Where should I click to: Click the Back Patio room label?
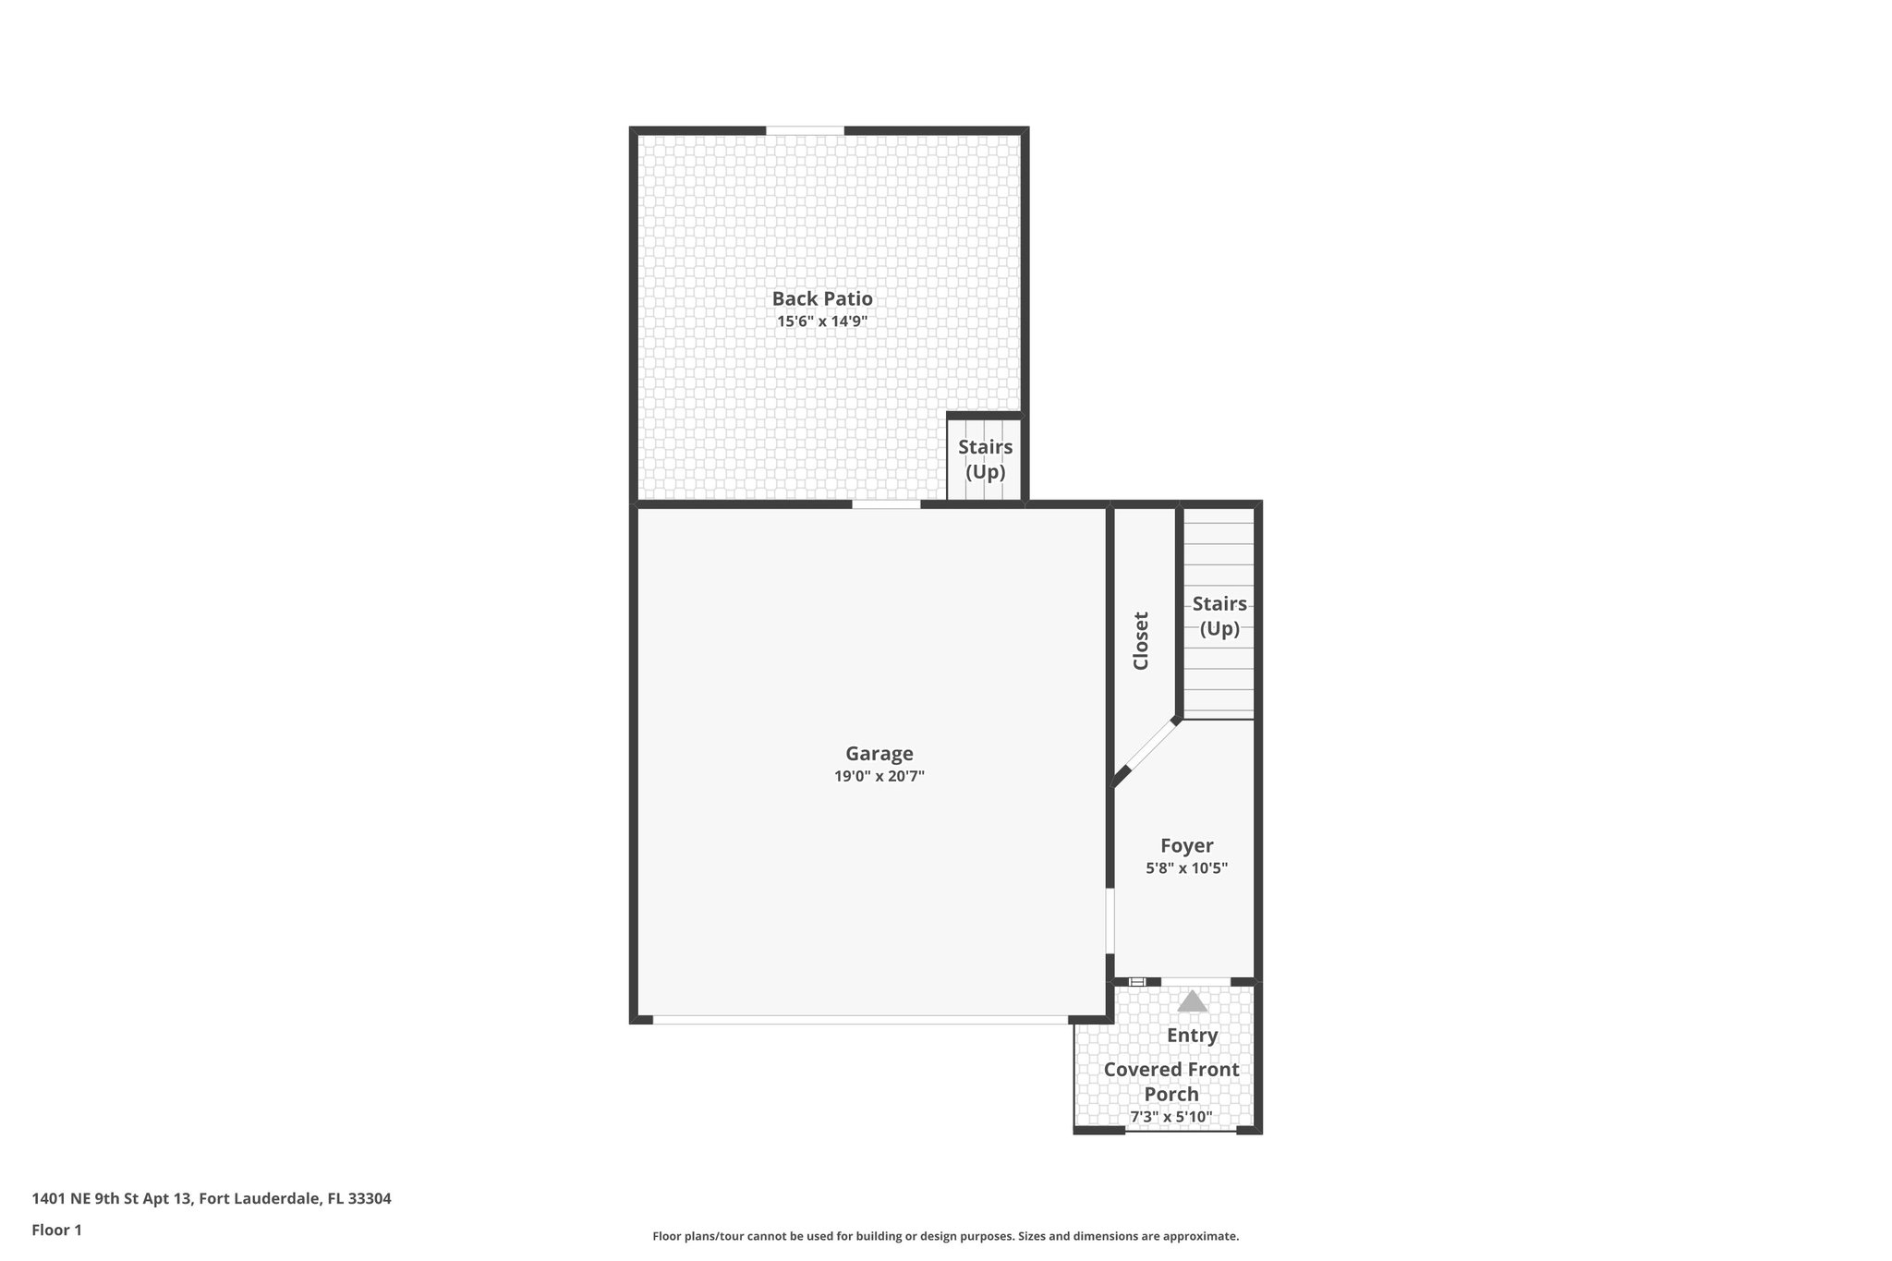point(822,298)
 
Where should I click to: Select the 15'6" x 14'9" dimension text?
point(822,321)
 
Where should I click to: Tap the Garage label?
point(879,753)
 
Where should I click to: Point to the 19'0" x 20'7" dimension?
point(879,776)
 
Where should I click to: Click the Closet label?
point(1141,640)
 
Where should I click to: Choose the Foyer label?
point(1187,845)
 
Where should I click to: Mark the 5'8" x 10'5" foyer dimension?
point(1187,868)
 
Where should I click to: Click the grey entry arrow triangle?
point(1193,1001)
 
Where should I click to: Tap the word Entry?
point(1192,1036)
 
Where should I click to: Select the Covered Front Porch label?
point(1171,1082)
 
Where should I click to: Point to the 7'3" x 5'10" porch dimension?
point(1171,1117)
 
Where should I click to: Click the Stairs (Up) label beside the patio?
point(985,459)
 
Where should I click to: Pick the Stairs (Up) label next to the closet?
point(1219,616)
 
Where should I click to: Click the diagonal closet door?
point(1150,746)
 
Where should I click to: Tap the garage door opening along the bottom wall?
point(859,1020)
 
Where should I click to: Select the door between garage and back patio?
point(886,504)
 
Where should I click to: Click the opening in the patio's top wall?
point(805,130)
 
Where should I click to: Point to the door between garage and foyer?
point(1110,921)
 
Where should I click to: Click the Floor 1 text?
point(57,1230)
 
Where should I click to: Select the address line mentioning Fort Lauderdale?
point(212,1198)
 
